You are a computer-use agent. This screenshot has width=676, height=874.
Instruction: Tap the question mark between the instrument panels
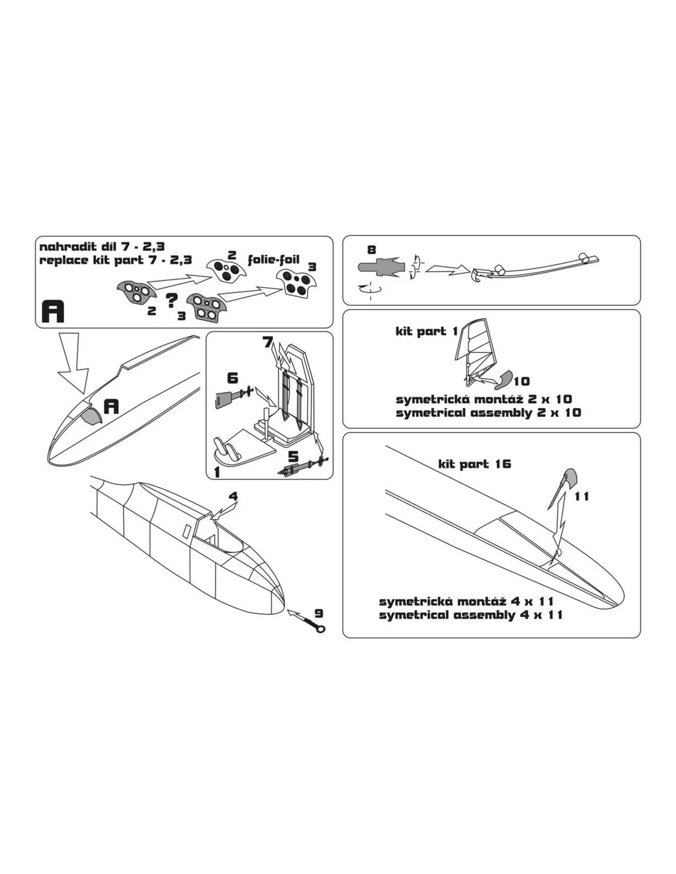pos(171,300)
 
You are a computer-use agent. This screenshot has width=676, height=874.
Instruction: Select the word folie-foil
pos(273,259)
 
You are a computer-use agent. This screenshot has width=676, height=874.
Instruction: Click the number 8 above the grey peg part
pos(371,250)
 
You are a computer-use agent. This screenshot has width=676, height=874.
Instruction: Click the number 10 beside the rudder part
pos(522,380)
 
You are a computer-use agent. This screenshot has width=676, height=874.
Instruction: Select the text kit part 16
pos(474,464)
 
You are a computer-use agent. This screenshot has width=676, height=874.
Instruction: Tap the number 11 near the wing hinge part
pos(581,497)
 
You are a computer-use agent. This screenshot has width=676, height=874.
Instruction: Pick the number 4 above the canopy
pos(234,497)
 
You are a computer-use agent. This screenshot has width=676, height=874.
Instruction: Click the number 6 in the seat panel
pos(232,378)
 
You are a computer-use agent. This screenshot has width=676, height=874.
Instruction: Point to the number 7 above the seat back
pos(267,343)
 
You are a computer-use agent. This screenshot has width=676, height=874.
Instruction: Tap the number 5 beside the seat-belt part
pos(294,457)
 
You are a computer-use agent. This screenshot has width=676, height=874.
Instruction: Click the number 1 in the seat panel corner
pos(217,472)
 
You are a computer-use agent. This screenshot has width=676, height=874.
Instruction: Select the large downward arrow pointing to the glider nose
pos(73,363)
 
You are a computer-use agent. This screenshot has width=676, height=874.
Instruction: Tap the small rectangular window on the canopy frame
pos(187,531)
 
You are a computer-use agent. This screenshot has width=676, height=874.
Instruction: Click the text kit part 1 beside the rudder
pos(426,331)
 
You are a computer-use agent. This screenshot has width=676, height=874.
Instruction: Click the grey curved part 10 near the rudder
pos(502,380)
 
